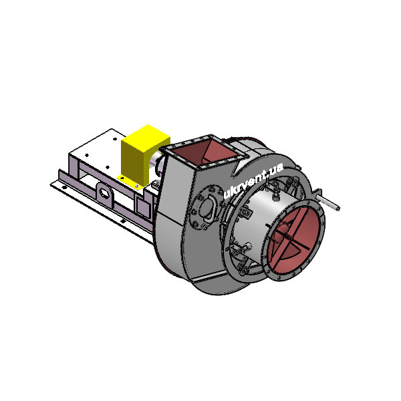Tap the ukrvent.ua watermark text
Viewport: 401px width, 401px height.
pyautogui.click(x=253, y=180)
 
